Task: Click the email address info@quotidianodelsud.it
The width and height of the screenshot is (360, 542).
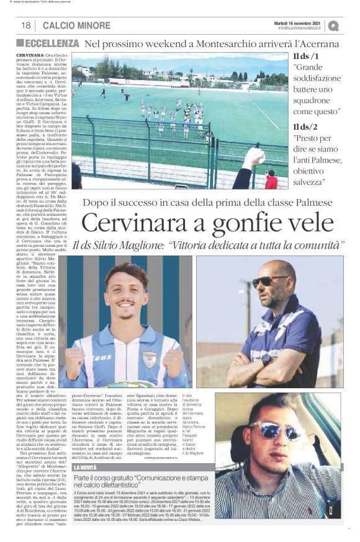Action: pos(302,28)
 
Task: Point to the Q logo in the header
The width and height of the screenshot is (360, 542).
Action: pos(333,25)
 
